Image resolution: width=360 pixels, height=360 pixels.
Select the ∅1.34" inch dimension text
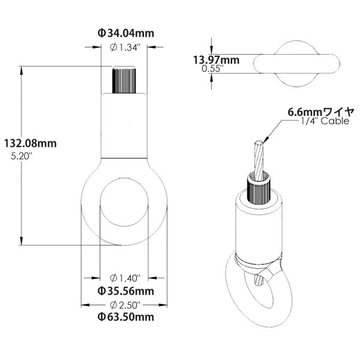[126, 47]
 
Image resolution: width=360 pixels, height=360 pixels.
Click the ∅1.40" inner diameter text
[125, 278]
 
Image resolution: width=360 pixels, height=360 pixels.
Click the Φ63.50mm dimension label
[126, 317]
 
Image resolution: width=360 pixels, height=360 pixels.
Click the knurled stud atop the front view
[125, 79]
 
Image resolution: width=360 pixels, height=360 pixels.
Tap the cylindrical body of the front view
[125, 126]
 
